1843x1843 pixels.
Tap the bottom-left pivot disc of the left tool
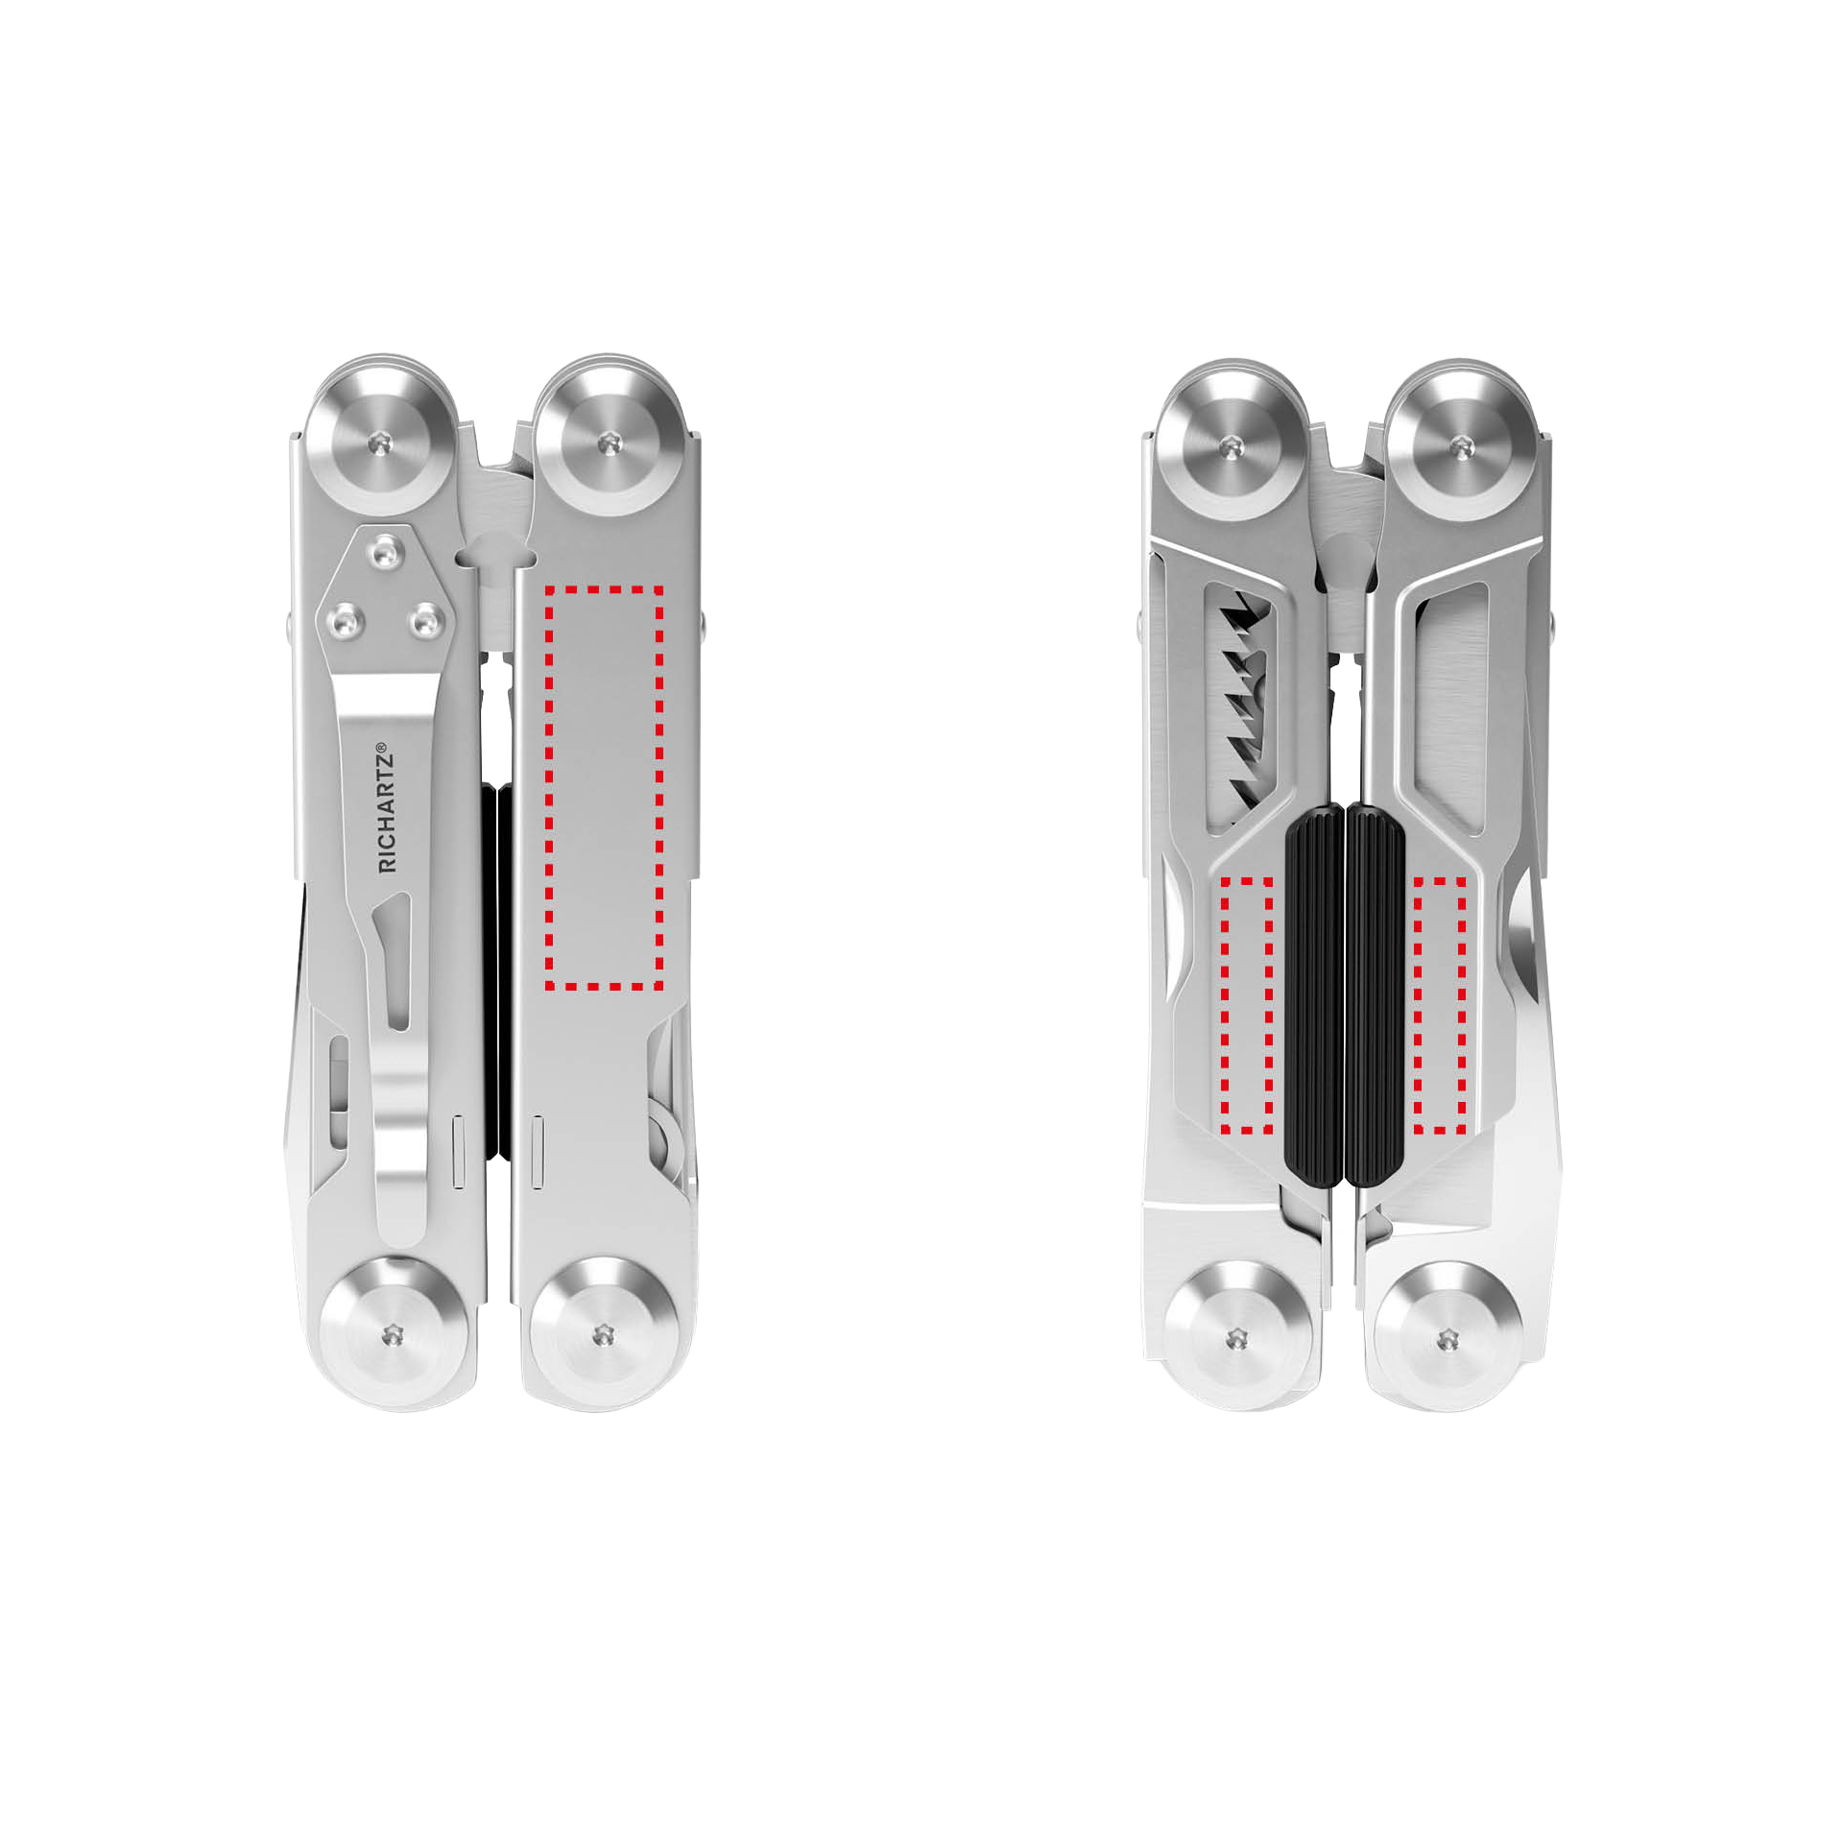392,1333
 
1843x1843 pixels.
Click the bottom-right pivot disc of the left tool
603,1333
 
